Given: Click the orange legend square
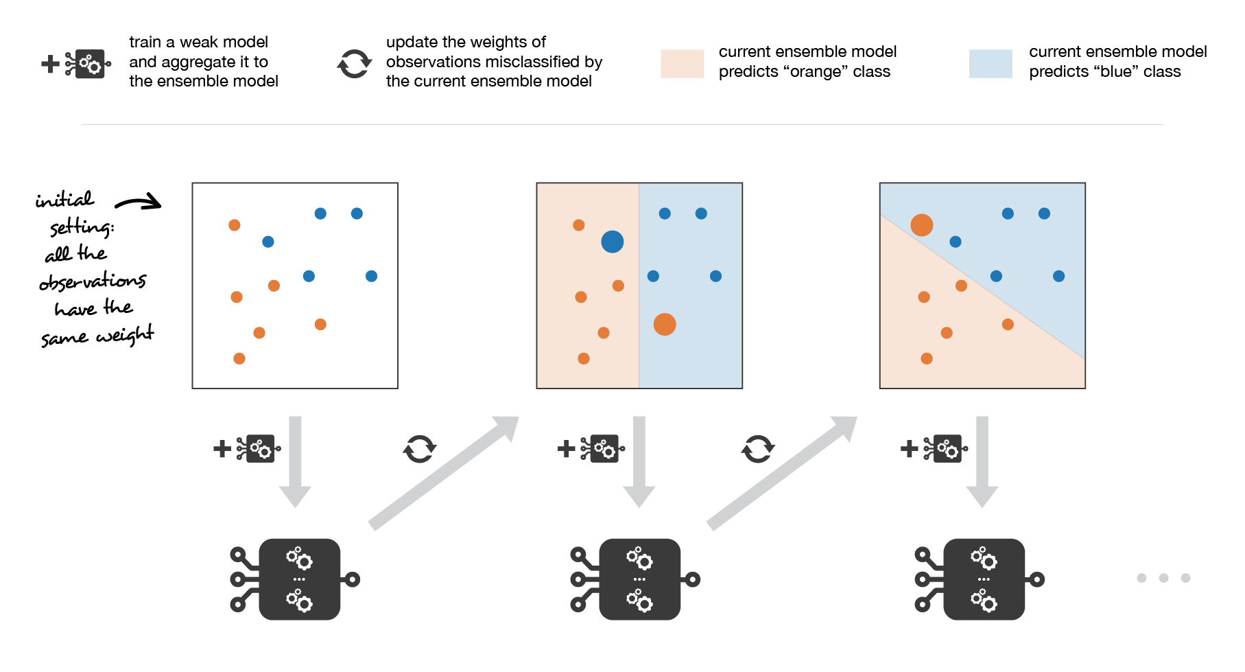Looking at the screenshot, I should pyautogui.click(x=682, y=64).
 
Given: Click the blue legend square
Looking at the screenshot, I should pyautogui.click(x=991, y=64).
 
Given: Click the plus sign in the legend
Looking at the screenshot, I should pyautogui.click(x=50, y=65).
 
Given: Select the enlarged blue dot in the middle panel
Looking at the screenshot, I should pyautogui.click(x=612, y=242).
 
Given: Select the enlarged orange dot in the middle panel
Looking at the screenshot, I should pyautogui.click(x=664, y=324).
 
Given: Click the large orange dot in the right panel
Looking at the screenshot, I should pyautogui.click(x=921, y=225).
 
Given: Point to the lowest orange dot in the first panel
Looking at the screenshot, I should pyautogui.click(x=239, y=358).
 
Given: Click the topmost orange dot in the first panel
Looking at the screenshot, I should pyautogui.click(x=235, y=225).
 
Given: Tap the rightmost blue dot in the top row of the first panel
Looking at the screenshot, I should pyautogui.click(x=357, y=213).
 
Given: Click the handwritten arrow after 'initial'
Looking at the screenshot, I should pyautogui.click(x=139, y=202).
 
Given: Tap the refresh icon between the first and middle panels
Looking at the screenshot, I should pyautogui.click(x=419, y=449).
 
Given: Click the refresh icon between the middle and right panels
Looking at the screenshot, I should pyautogui.click(x=757, y=449).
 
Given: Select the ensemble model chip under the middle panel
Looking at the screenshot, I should pyautogui.click(x=639, y=579).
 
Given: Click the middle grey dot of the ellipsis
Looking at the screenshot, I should pyautogui.click(x=1163, y=578).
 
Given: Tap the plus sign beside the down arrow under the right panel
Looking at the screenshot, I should pyautogui.click(x=909, y=449).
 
